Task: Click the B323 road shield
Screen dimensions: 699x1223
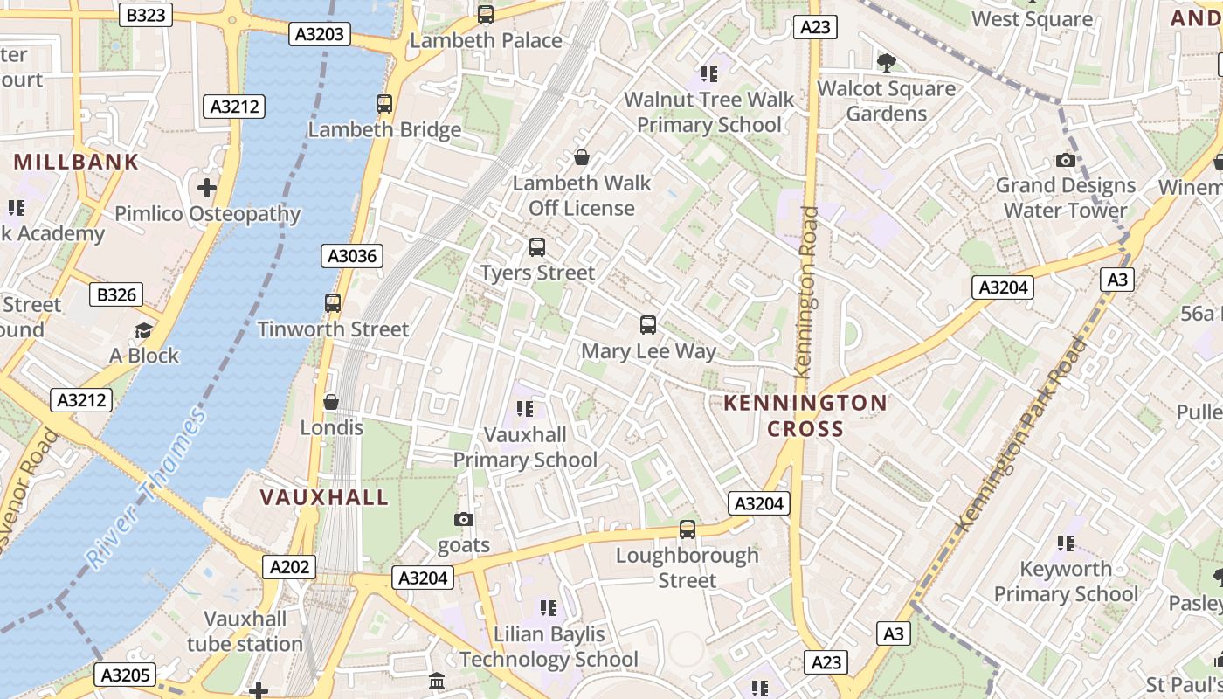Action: click(x=146, y=15)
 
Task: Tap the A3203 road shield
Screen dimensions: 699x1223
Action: click(x=321, y=34)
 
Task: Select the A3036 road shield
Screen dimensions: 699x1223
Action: click(x=353, y=256)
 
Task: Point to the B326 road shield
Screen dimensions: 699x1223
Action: click(x=116, y=295)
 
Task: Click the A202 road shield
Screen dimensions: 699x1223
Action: click(x=289, y=567)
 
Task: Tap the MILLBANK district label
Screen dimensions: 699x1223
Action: click(x=77, y=162)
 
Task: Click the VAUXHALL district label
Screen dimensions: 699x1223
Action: click(x=324, y=497)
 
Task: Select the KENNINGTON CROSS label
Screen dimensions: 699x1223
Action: click(x=805, y=416)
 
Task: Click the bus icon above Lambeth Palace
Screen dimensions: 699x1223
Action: click(x=486, y=15)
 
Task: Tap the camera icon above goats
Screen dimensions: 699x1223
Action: click(x=464, y=520)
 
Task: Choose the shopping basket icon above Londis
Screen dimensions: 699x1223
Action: click(x=331, y=402)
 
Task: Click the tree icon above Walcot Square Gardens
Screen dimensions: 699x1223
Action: click(x=887, y=62)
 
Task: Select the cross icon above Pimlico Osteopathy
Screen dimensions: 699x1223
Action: click(x=207, y=188)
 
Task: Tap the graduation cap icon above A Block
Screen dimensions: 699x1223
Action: click(x=143, y=330)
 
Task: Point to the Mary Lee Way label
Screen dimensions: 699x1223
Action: click(x=648, y=351)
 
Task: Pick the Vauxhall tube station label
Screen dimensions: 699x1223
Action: click(x=245, y=632)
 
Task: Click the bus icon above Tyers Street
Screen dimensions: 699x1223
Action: click(x=537, y=247)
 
